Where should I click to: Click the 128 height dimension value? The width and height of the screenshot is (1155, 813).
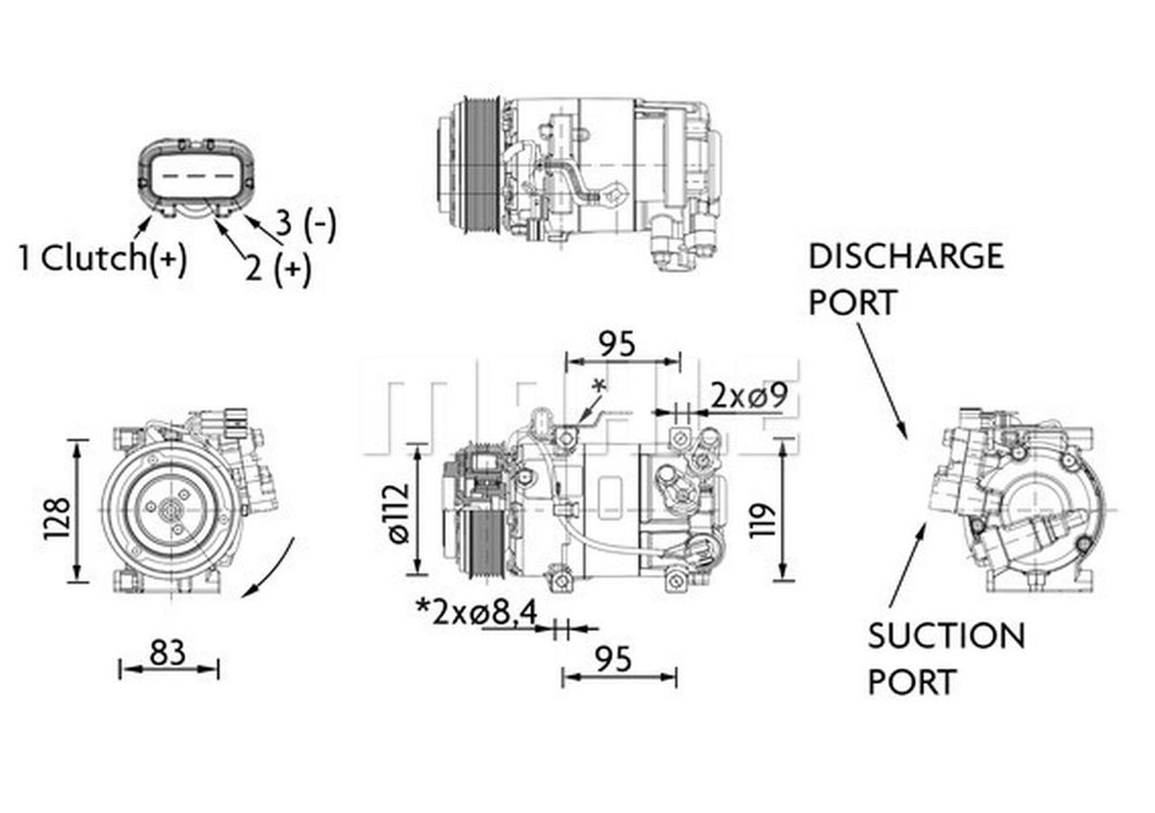click(56, 519)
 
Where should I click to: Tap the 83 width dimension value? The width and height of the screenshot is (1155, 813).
click(168, 651)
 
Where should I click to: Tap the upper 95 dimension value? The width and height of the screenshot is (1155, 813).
click(620, 344)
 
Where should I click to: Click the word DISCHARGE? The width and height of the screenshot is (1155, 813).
click(905, 256)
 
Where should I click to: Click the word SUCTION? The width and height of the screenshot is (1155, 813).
click(946, 636)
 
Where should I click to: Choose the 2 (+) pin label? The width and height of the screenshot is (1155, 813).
click(277, 269)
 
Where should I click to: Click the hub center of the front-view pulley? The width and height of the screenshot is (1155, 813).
click(170, 510)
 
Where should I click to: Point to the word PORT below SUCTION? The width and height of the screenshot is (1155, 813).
click(911, 682)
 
